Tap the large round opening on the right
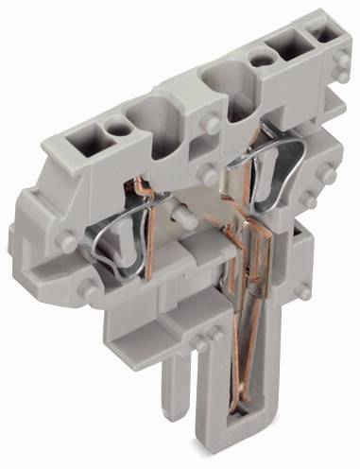(227, 87)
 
